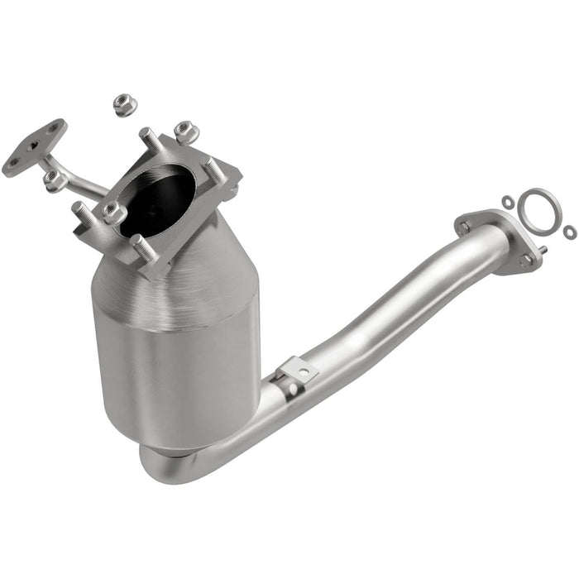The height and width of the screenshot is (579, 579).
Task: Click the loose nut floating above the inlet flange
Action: [124, 104]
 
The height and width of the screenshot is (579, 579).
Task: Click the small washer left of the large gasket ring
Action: [507, 201]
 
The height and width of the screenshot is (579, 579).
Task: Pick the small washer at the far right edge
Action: [570, 232]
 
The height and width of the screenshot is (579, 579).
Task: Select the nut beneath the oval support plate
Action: [55, 180]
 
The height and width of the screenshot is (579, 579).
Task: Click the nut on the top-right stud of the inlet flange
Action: [185, 132]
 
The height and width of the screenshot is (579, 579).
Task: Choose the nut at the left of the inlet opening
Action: [112, 213]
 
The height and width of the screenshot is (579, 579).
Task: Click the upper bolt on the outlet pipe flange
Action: [463, 225]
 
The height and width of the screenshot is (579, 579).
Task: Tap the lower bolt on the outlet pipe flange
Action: [525, 260]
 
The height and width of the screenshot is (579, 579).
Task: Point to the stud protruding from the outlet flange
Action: [543, 249]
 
